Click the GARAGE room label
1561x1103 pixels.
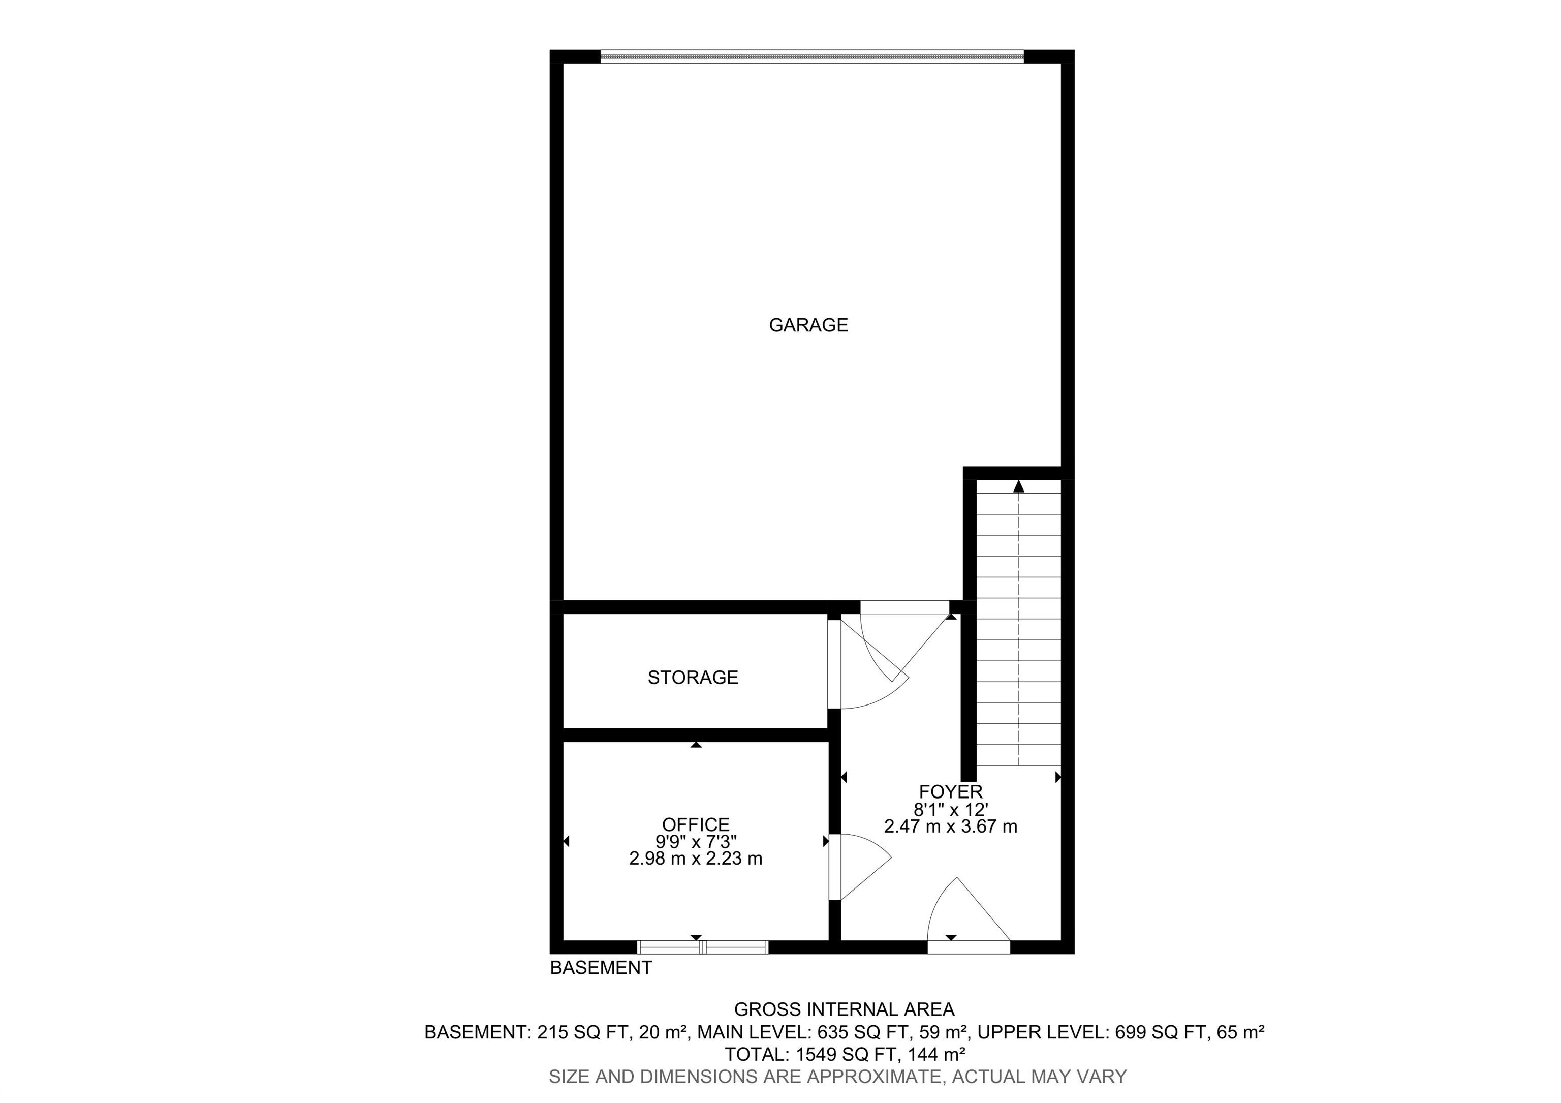(x=808, y=325)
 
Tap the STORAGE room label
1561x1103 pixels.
(x=692, y=678)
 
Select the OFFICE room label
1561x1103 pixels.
(x=696, y=825)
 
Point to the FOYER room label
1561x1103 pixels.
(x=950, y=791)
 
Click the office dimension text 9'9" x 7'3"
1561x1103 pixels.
(x=696, y=842)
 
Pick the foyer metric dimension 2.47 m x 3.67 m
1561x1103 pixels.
(x=950, y=827)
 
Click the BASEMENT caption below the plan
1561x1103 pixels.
(x=601, y=968)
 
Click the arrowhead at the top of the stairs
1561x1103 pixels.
(x=1018, y=487)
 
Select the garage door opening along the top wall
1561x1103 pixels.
(x=812, y=57)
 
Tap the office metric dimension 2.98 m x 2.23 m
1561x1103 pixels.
(x=696, y=859)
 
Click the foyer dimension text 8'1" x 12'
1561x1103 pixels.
(x=950, y=809)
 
